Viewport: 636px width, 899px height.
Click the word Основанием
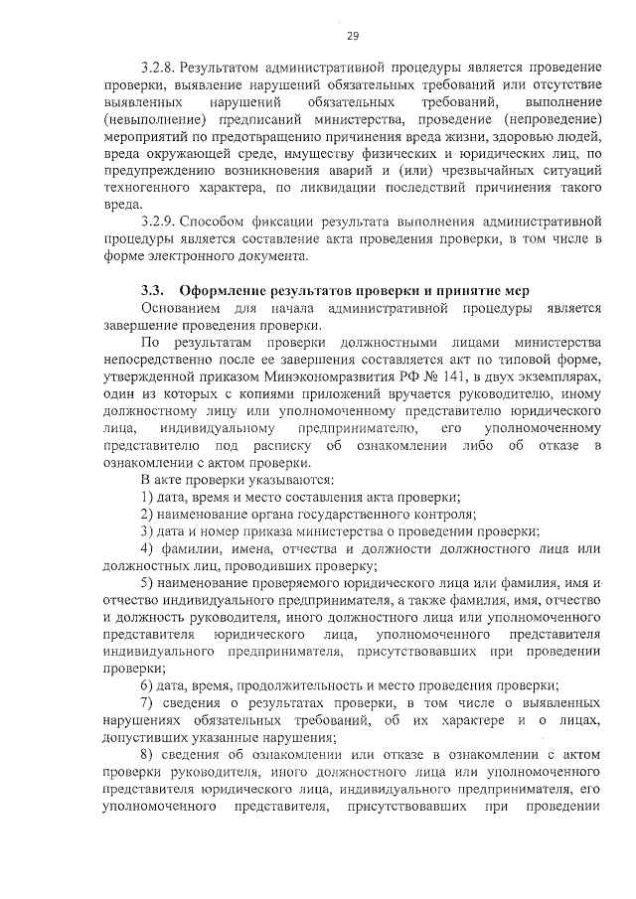(x=186, y=308)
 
